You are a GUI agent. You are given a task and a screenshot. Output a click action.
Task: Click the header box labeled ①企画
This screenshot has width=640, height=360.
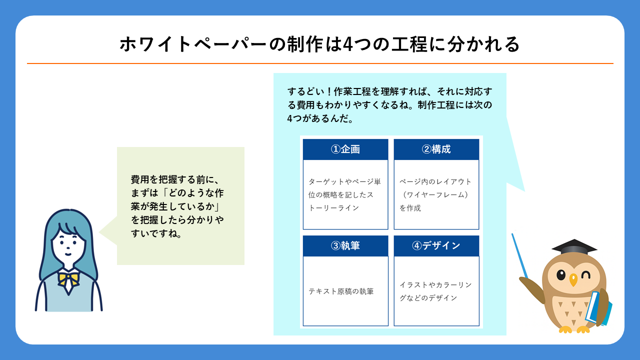(345, 149)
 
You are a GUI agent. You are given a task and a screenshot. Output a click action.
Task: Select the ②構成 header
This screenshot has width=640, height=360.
(436, 149)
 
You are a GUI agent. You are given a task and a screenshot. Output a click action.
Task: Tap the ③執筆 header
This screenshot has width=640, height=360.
(345, 245)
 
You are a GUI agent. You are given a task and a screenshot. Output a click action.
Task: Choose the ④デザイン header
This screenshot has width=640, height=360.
(436, 245)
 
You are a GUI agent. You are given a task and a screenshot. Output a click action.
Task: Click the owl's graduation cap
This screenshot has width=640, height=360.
(574, 247)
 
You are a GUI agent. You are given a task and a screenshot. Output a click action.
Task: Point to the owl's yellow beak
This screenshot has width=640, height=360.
(573, 279)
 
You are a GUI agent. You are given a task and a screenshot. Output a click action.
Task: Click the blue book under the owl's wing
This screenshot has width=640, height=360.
(597, 309)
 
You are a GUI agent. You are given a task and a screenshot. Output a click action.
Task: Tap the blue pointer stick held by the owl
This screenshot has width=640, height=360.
(519, 255)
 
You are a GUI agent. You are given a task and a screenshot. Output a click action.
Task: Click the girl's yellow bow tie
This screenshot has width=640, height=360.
(68, 279)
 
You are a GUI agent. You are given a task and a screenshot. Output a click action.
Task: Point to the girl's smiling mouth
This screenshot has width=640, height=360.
(68, 254)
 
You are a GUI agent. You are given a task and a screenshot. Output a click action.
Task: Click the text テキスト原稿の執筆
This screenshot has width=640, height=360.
(341, 291)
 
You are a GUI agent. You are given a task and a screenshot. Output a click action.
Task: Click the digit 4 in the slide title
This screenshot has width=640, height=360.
(347, 44)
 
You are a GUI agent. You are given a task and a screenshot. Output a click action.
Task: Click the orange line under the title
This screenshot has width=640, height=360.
(320, 63)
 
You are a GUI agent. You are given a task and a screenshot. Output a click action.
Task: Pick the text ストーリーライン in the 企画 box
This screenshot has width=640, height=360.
(333, 201)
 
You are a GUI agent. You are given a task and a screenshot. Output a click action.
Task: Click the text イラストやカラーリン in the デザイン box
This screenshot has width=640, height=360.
(435, 285)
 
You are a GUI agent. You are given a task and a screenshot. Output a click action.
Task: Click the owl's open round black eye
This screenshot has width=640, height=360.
(561, 274)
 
